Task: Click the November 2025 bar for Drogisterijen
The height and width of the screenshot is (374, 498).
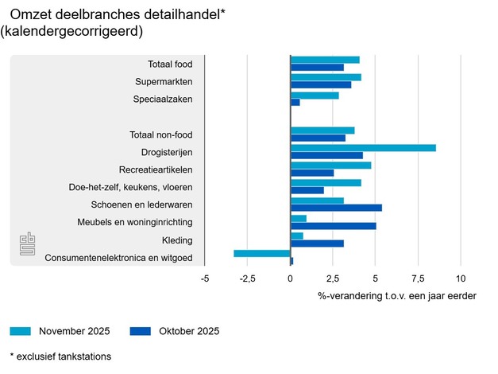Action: tap(363, 147)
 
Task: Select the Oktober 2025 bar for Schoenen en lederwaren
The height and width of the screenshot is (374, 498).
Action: tap(336, 208)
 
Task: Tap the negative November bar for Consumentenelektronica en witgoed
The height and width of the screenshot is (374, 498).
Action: tap(262, 253)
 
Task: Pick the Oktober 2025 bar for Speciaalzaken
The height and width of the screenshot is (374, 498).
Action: tap(295, 103)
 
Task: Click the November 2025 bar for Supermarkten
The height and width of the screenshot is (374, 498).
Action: tap(326, 77)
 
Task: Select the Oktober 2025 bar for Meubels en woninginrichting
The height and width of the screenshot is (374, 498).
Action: tap(333, 225)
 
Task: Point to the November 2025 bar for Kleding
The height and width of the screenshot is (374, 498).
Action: tap(297, 236)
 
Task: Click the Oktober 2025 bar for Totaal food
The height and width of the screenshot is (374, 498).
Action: tap(317, 68)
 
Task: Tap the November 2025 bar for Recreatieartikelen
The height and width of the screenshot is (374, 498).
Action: tap(330, 166)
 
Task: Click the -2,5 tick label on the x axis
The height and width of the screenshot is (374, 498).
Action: tap(247, 279)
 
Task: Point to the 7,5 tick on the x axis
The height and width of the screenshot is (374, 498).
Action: tap(418, 279)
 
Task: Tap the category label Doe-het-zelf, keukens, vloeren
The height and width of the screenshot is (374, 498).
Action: tap(131, 188)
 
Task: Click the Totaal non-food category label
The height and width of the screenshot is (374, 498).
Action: tap(160, 135)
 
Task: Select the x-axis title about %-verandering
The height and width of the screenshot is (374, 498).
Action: tap(397, 296)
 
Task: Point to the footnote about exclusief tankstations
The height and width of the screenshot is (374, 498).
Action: tap(60, 356)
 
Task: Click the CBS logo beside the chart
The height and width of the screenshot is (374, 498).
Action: tap(28, 243)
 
